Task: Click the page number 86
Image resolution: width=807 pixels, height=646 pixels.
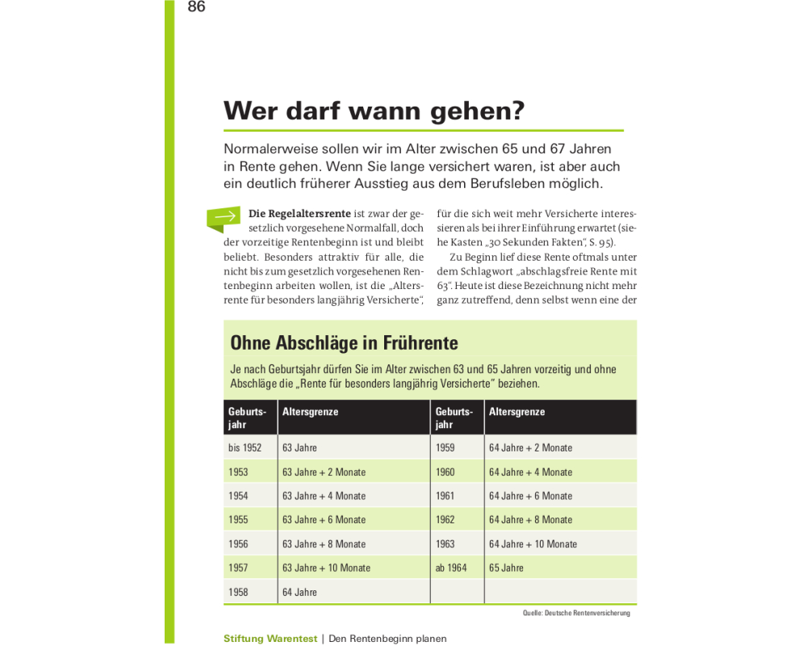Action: [x=196, y=7]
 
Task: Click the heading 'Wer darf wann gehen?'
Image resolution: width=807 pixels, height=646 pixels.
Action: [x=374, y=111]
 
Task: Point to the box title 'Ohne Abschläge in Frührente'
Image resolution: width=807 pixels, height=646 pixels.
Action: [x=344, y=342]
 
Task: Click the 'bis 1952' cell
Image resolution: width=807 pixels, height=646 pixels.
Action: [x=245, y=447]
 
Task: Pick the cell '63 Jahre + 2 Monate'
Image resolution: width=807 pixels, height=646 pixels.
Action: [x=324, y=472]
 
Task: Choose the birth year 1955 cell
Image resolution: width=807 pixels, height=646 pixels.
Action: [x=238, y=519]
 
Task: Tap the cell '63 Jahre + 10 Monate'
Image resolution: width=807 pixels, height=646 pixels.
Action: [x=326, y=568]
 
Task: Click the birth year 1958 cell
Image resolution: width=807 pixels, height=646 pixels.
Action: [x=238, y=592]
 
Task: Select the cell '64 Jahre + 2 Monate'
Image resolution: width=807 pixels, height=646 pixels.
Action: [x=530, y=447]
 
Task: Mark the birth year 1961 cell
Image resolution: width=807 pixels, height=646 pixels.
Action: [x=445, y=496]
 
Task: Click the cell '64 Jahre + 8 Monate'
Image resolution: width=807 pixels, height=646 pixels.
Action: [x=530, y=519]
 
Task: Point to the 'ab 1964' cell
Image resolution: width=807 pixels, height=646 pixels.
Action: [x=451, y=568]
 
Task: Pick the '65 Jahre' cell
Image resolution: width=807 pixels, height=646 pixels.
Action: [x=506, y=568]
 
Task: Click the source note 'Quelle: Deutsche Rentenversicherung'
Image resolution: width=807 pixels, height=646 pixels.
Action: [x=576, y=613]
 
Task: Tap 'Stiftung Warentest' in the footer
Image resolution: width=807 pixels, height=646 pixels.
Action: [x=270, y=639]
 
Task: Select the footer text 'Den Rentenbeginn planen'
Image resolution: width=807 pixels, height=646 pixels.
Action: [x=387, y=639]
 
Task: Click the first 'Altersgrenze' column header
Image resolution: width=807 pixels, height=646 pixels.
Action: [x=310, y=412]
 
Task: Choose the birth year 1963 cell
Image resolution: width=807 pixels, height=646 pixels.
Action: [x=445, y=543]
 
